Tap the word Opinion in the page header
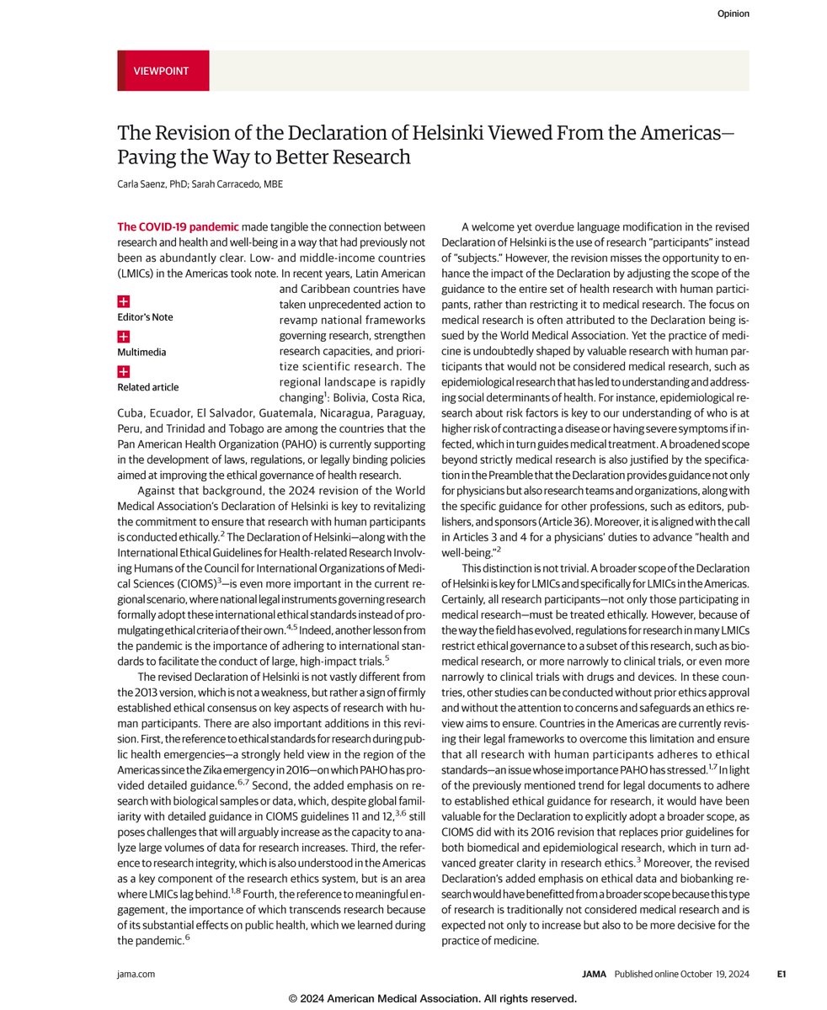point(733,13)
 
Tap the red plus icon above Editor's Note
point(123,300)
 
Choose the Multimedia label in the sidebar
point(141,353)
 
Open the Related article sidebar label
point(147,387)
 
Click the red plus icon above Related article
point(123,371)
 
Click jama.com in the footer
point(136,974)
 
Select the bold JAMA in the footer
point(595,974)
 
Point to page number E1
point(781,974)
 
